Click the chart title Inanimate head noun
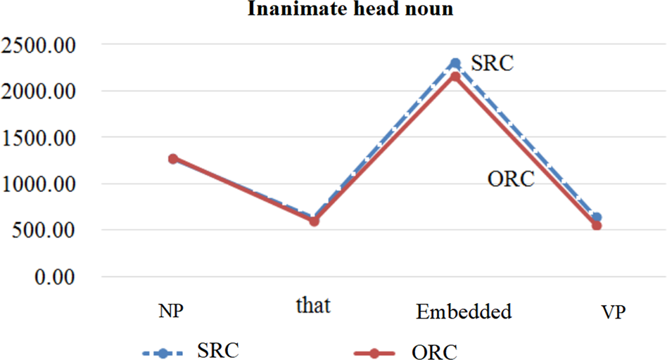coord(333,11)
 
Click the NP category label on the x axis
coord(172,311)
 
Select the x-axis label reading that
coord(313,307)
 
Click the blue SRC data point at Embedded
coord(455,63)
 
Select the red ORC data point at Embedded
coord(455,76)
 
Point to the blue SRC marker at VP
coord(597,217)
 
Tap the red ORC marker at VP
coord(597,226)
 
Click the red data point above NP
coord(172,159)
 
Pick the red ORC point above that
coord(315,221)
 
